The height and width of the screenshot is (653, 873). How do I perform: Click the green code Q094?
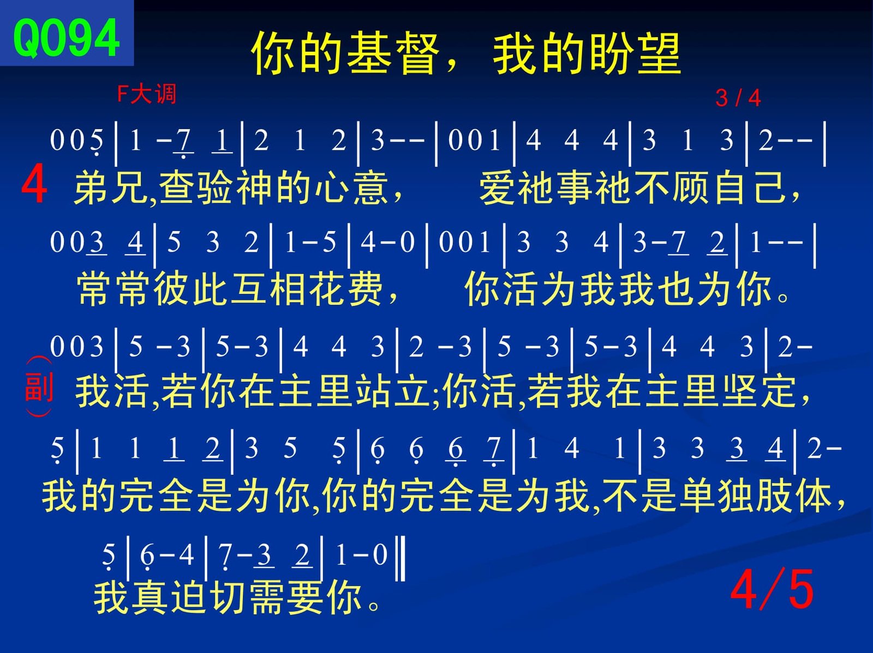click(x=67, y=39)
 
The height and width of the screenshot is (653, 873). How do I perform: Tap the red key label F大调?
click(x=147, y=94)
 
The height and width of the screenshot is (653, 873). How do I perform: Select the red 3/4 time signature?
click(x=738, y=98)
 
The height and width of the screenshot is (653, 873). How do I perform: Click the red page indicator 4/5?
click(x=772, y=589)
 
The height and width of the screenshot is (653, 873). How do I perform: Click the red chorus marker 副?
click(x=39, y=386)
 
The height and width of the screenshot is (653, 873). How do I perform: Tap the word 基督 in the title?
click(x=393, y=53)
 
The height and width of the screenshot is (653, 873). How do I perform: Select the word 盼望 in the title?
click(x=635, y=53)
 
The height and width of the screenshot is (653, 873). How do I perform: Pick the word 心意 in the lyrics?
click(x=351, y=188)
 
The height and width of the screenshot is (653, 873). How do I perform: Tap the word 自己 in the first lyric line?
click(x=750, y=188)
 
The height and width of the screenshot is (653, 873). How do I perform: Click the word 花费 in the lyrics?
click(x=345, y=289)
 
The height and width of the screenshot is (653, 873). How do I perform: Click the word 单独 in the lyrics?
click(x=715, y=497)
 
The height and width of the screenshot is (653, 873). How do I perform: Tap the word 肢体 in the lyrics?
click(x=793, y=497)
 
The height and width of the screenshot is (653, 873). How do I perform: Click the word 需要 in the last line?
click(x=285, y=598)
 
